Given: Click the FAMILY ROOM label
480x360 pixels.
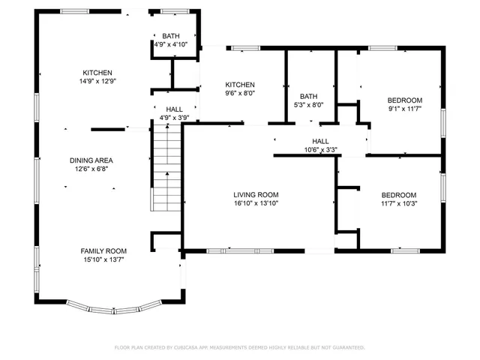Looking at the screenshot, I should pyautogui.click(x=103, y=250).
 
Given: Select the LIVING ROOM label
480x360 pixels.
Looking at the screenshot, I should pyautogui.click(x=256, y=194).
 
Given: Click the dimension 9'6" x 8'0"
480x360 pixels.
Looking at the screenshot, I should pyautogui.click(x=240, y=94).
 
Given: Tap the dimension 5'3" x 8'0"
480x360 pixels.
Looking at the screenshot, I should pyautogui.click(x=309, y=106).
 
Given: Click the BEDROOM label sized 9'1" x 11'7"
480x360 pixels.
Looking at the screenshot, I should pyautogui.click(x=404, y=100).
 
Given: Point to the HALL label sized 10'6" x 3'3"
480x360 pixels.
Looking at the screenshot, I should pyautogui.click(x=320, y=141).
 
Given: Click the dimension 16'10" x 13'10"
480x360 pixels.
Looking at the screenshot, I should pyautogui.click(x=256, y=203).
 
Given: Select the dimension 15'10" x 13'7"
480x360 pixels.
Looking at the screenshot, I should pyautogui.click(x=103, y=259).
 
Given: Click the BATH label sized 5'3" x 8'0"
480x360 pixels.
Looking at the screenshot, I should pyautogui.click(x=309, y=97).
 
